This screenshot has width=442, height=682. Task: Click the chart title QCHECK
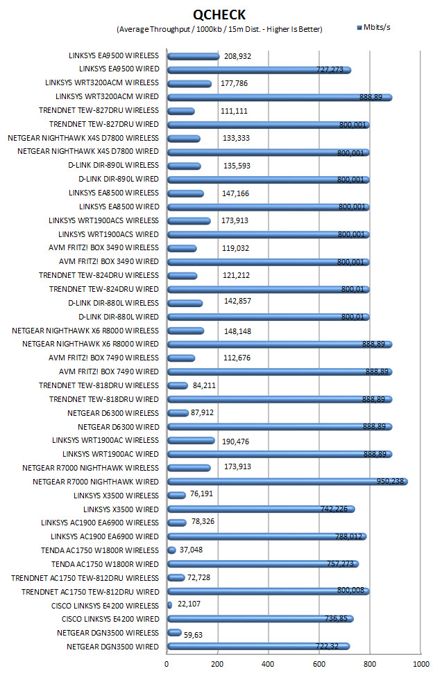coord(219,15)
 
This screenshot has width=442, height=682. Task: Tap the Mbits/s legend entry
coord(373,28)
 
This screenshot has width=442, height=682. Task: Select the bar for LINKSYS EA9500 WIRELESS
coord(194,57)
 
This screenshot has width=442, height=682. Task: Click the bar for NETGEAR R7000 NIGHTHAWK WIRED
coord(287,482)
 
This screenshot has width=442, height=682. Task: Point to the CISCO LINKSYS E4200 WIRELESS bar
coord(170,605)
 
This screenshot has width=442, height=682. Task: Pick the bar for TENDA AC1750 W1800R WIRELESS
coord(171,550)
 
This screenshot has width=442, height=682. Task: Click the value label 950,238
coord(390,481)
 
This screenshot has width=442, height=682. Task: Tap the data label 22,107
coord(189,604)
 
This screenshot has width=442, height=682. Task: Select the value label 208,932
coord(237,57)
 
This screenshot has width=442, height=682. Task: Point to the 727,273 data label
coord(330,69)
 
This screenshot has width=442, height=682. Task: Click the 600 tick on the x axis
coord(318,664)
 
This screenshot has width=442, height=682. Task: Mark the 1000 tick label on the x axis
coord(420,664)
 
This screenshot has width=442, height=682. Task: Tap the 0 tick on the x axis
coord(167,664)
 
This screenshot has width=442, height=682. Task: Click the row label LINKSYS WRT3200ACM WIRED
coord(107,96)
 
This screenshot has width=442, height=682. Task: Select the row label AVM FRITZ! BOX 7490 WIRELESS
coord(103,358)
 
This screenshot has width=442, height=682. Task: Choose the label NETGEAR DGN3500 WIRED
coord(113,647)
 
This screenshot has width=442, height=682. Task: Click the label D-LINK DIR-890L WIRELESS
coord(114,165)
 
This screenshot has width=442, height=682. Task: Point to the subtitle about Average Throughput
coord(219,30)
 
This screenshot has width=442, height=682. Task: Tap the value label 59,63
coord(193,636)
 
